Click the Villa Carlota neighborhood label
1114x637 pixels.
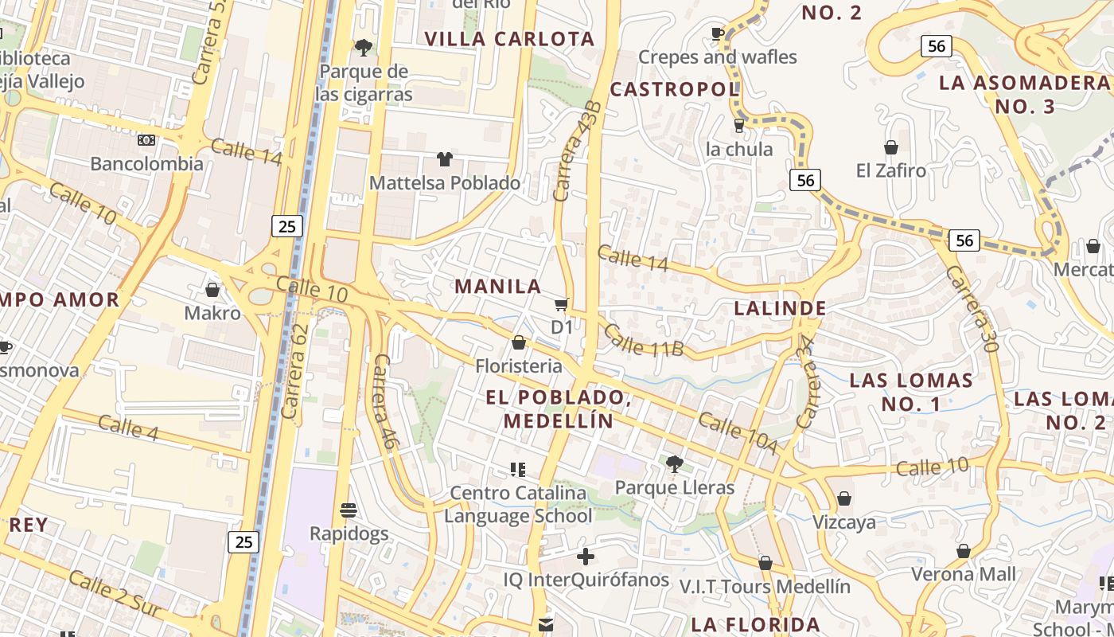tap(509, 39)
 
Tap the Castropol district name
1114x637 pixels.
tap(675, 89)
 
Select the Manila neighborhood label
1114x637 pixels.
tap(497, 287)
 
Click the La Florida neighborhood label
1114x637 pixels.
tap(755, 624)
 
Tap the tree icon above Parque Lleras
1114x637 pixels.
tap(674, 463)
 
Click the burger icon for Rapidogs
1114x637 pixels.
tap(348, 510)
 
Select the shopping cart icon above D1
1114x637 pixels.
tap(562, 304)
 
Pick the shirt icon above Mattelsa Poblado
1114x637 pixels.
tap(444, 159)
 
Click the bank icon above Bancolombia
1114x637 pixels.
tap(146, 140)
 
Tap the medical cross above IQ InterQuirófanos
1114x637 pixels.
tap(586, 556)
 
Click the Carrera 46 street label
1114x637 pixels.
tap(383, 402)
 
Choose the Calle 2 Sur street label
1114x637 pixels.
tap(114, 595)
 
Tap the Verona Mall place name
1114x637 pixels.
tap(963, 574)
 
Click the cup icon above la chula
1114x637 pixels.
tap(739, 125)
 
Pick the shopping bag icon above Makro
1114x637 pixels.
tap(212, 290)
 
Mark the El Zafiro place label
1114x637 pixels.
tap(891, 170)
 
